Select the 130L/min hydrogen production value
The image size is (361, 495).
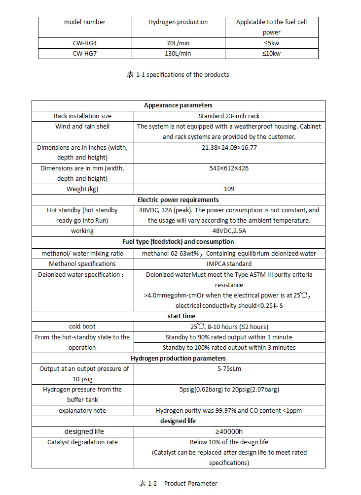pos(178,54)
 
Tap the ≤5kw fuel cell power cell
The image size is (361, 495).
pos(271,43)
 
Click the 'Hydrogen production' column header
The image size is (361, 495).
pos(178,22)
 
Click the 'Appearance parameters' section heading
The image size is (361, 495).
pos(178,105)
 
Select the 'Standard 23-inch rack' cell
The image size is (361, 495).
pos(229,116)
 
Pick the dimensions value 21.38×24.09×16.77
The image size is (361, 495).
pos(229,147)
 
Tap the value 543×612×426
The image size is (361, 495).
pos(229,168)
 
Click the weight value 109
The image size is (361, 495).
pos(229,189)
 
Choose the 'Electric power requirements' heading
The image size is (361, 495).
pos(178,200)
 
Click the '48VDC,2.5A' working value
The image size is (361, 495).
pos(229,231)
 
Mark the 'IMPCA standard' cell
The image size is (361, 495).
pos(229,264)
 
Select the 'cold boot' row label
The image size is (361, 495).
pos(82,327)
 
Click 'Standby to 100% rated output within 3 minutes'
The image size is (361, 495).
pos(229,348)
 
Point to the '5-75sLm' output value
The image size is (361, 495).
pos(229,368)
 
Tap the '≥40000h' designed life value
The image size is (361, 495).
pos(229,431)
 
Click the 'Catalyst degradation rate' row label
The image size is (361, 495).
pos(82,442)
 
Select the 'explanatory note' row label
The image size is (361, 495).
pos(82,411)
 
